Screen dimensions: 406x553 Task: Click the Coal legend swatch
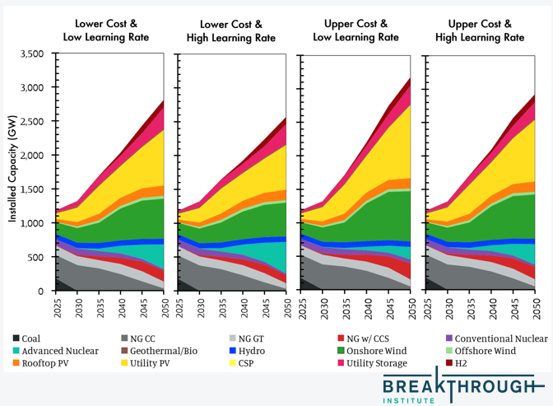point(17,338)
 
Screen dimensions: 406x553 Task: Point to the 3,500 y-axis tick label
point(30,54)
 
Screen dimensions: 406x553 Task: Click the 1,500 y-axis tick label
point(30,189)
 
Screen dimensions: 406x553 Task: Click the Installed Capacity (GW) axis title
point(12,171)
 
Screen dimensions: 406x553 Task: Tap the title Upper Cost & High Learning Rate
point(479,30)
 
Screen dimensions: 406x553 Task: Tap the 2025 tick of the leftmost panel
point(57,306)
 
